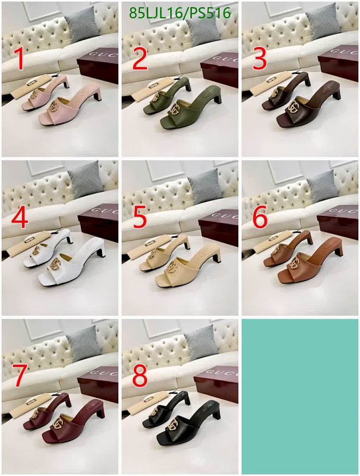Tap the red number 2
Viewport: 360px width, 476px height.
click(x=139, y=59)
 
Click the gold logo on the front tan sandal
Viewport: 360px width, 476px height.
click(x=294, y=263)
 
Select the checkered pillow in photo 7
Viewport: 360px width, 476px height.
click(x=84, y=343)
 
